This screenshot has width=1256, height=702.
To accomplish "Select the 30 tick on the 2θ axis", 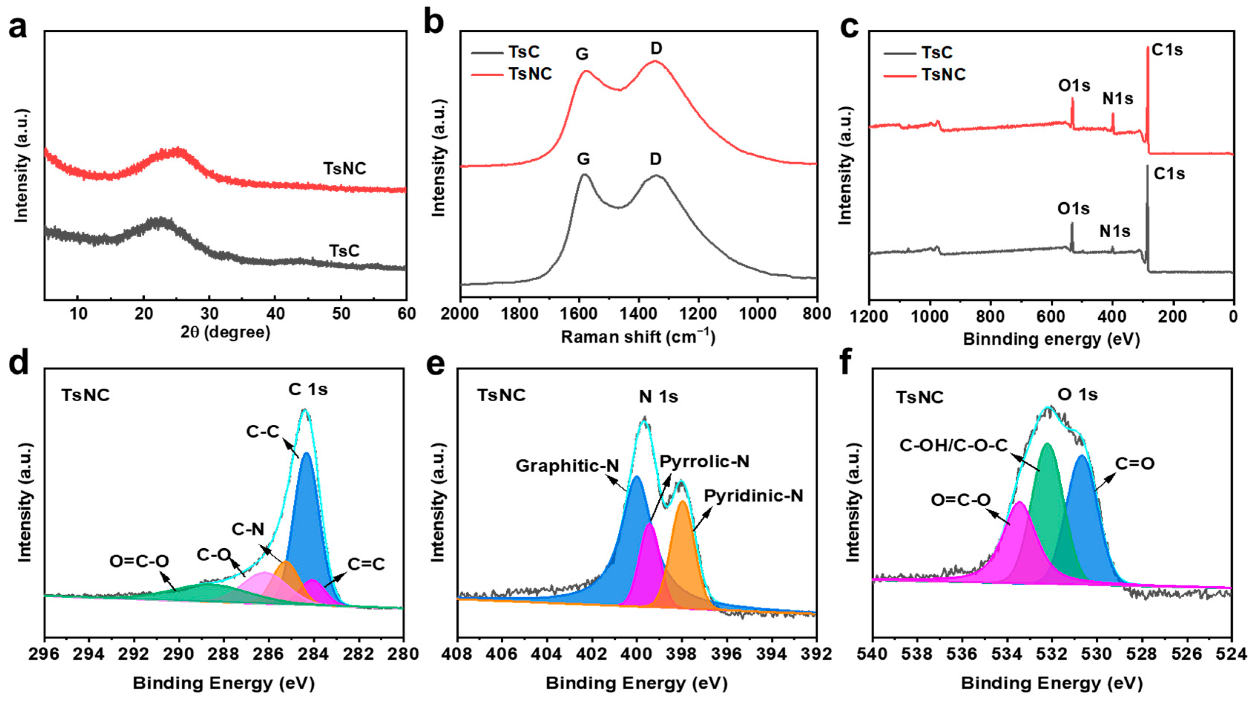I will (209, 314).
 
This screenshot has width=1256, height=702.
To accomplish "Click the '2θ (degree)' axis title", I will (225, 332).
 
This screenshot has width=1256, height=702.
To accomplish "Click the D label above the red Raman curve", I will (656, 48).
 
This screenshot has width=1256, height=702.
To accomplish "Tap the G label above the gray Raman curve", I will (583, 159).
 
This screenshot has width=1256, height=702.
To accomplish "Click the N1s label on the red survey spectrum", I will (1118, 99).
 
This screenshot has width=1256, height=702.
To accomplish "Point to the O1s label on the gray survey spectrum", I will (1073, 209).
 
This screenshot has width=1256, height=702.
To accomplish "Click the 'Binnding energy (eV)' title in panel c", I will (1051, 339).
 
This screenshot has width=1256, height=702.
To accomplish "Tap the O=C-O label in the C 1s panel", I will (139, 561).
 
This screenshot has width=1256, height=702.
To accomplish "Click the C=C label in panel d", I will (366, 564).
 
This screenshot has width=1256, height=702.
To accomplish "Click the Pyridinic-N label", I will (753, 496).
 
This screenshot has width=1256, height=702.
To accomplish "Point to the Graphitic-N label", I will (567, 466).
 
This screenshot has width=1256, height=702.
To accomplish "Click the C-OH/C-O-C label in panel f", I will (953, 445).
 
